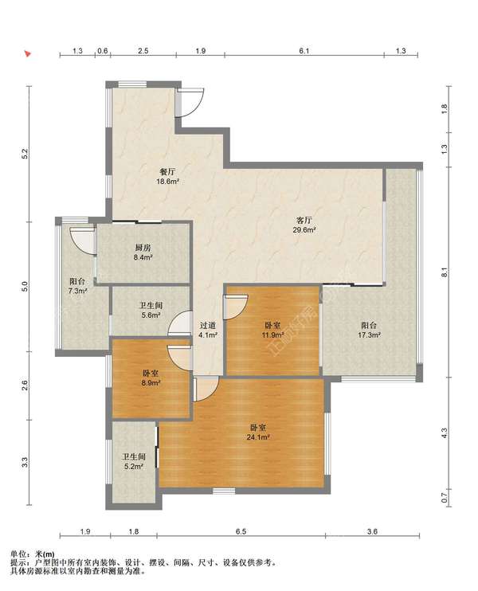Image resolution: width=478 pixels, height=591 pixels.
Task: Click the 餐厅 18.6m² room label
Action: (168, 176)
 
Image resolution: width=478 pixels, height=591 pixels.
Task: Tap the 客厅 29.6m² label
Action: (304, 225)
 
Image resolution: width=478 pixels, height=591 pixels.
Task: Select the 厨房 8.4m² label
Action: (143, 252)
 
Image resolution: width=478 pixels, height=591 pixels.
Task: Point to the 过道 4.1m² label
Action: (208, 330)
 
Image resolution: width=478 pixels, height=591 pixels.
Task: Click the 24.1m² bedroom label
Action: (258, 432)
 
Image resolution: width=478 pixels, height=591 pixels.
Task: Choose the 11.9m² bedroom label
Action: (273, 330)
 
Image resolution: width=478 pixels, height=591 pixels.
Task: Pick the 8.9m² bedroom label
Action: (151, 378)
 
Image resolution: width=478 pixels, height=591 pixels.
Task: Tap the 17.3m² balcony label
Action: (369, 330)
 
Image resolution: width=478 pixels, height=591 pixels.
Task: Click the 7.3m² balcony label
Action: (77, 286)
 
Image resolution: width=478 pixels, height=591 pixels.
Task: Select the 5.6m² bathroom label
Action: (151, 310)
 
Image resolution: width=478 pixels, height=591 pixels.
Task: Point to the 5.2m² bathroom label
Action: (133, 461)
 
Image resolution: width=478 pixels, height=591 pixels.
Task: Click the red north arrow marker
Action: (28, 53)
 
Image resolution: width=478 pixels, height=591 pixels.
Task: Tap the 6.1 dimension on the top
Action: (304, 50)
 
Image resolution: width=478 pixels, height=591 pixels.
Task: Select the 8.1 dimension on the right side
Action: (445, 272)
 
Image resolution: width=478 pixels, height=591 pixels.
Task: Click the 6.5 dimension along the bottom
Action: (241, 531)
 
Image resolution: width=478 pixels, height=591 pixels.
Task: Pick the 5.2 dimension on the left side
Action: (25, 154)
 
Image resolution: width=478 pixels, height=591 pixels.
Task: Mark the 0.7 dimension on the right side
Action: (445, 498)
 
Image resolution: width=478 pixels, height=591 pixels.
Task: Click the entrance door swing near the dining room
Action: (190, 102)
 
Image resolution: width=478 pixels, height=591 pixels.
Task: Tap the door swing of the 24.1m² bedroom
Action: (206, 389)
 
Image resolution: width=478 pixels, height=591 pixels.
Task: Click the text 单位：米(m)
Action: (33, 554)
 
